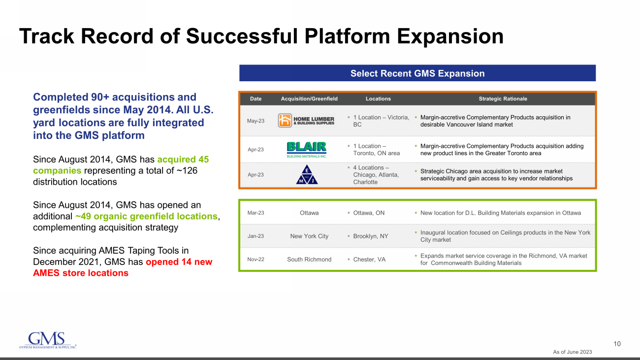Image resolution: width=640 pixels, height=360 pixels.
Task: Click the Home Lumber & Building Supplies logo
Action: coord(306,121)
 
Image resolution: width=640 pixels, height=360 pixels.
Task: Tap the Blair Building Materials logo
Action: coord(306,149)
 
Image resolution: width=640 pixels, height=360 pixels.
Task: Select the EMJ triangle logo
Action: coord(307,175)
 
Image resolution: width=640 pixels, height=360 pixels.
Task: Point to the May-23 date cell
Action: coord(256,121)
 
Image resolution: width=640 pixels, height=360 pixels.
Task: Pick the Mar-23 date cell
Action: coord(256,213)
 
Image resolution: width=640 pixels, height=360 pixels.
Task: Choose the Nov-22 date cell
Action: coord(256,260)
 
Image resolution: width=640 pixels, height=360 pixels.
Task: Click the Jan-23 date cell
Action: coord(256,236)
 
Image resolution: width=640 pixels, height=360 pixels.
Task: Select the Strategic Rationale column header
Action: coord(503,99)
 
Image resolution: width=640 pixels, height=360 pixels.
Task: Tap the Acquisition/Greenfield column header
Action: coord(309,99)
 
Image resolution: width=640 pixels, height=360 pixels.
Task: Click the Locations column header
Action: coord(378,99)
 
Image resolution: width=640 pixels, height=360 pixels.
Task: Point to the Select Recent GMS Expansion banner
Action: coord(417,73)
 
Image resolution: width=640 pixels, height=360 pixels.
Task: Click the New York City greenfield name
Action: coord(309,236)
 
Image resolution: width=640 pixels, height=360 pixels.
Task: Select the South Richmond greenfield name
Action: coord(309,260)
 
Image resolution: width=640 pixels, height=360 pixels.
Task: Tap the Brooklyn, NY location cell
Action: coord(370,236)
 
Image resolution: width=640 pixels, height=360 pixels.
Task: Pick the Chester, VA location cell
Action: coord(369,260)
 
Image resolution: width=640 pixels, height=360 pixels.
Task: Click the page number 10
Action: coord(617,344)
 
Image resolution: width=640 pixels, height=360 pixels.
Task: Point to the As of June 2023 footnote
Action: coord(572,352)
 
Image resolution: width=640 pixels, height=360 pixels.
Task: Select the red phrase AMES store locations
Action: coord(80,273)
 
